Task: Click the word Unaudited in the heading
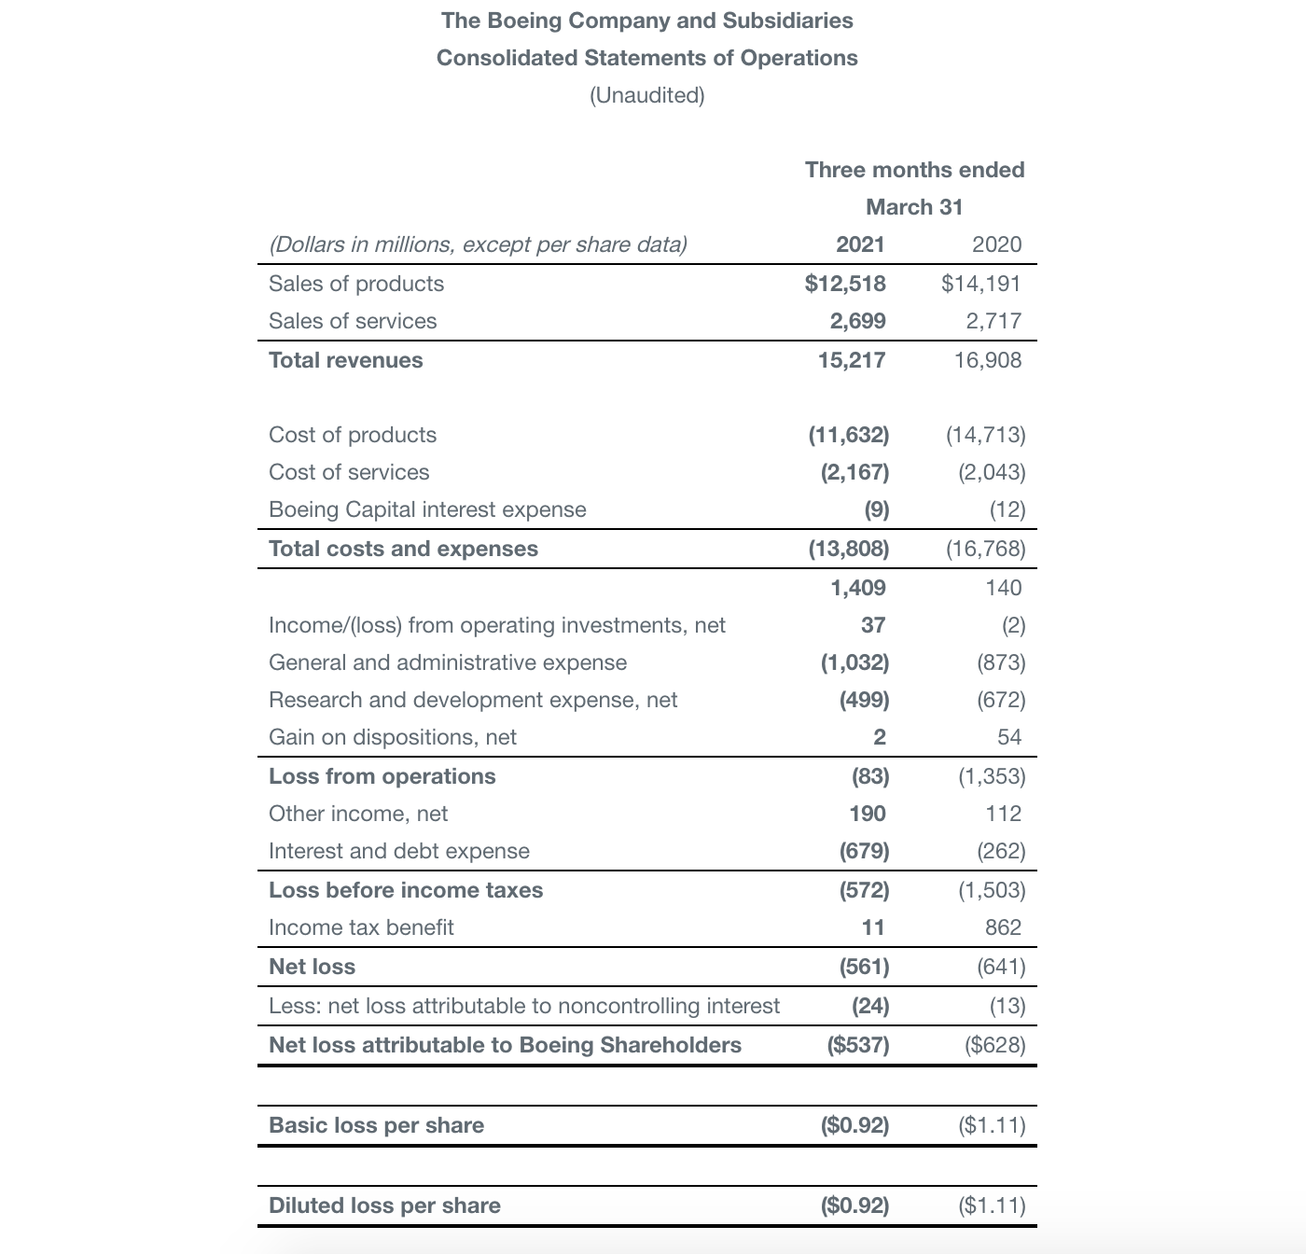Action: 647,95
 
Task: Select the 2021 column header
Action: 860,244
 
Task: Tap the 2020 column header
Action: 996,244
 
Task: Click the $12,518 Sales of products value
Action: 845,284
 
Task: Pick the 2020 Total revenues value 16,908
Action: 987,360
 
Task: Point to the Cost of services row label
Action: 349,472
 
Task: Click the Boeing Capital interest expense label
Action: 427,509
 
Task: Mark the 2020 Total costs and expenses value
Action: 985,549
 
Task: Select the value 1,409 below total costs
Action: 858,588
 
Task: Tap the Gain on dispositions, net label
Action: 392,737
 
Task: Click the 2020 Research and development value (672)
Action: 1000,700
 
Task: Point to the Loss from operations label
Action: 382,776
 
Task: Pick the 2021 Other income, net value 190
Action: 868,814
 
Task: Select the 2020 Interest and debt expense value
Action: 1000,851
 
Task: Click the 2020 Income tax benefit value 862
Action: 1003,927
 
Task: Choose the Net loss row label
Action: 312,967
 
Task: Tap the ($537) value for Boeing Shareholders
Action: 858,1045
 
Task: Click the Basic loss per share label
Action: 376,1125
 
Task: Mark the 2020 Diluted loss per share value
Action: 992,1205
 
